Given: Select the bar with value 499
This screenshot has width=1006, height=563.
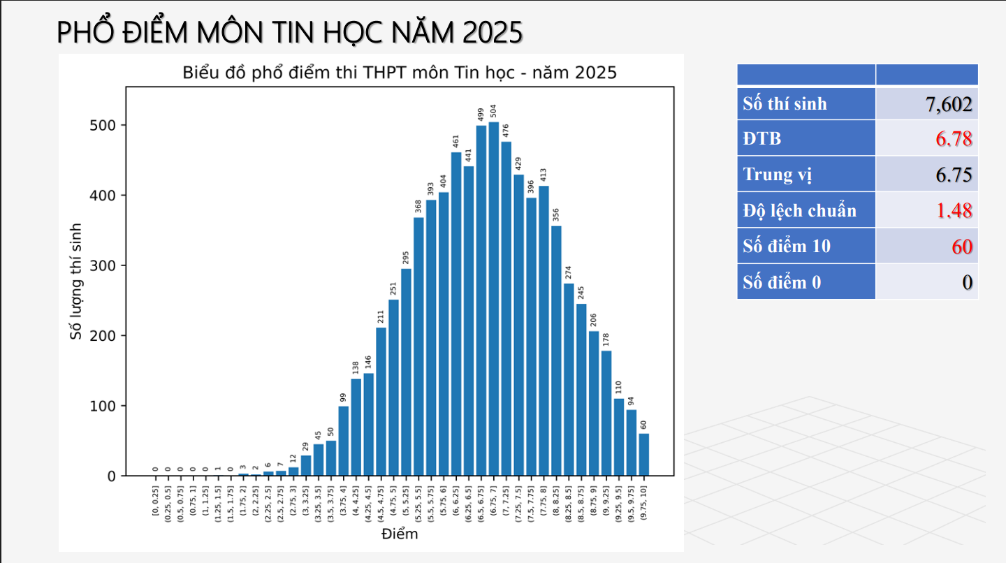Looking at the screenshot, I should point(481,300).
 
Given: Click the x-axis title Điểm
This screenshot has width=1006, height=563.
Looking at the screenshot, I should point(400,534).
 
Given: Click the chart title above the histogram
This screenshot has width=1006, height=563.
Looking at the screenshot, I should point(400,73).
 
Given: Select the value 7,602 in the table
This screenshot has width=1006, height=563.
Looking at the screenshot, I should point(949,104).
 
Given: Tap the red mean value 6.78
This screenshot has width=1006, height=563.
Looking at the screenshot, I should point(954,139).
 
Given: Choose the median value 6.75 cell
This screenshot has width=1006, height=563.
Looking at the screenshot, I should point(954,175).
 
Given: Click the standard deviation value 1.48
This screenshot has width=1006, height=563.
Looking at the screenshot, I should point(954,210).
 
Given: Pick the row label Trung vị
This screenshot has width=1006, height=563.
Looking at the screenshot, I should point(778,175).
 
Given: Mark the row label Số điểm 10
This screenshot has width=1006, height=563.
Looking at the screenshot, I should point(787,246).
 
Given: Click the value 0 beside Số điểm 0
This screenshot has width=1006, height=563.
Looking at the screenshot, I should point(967,282).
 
